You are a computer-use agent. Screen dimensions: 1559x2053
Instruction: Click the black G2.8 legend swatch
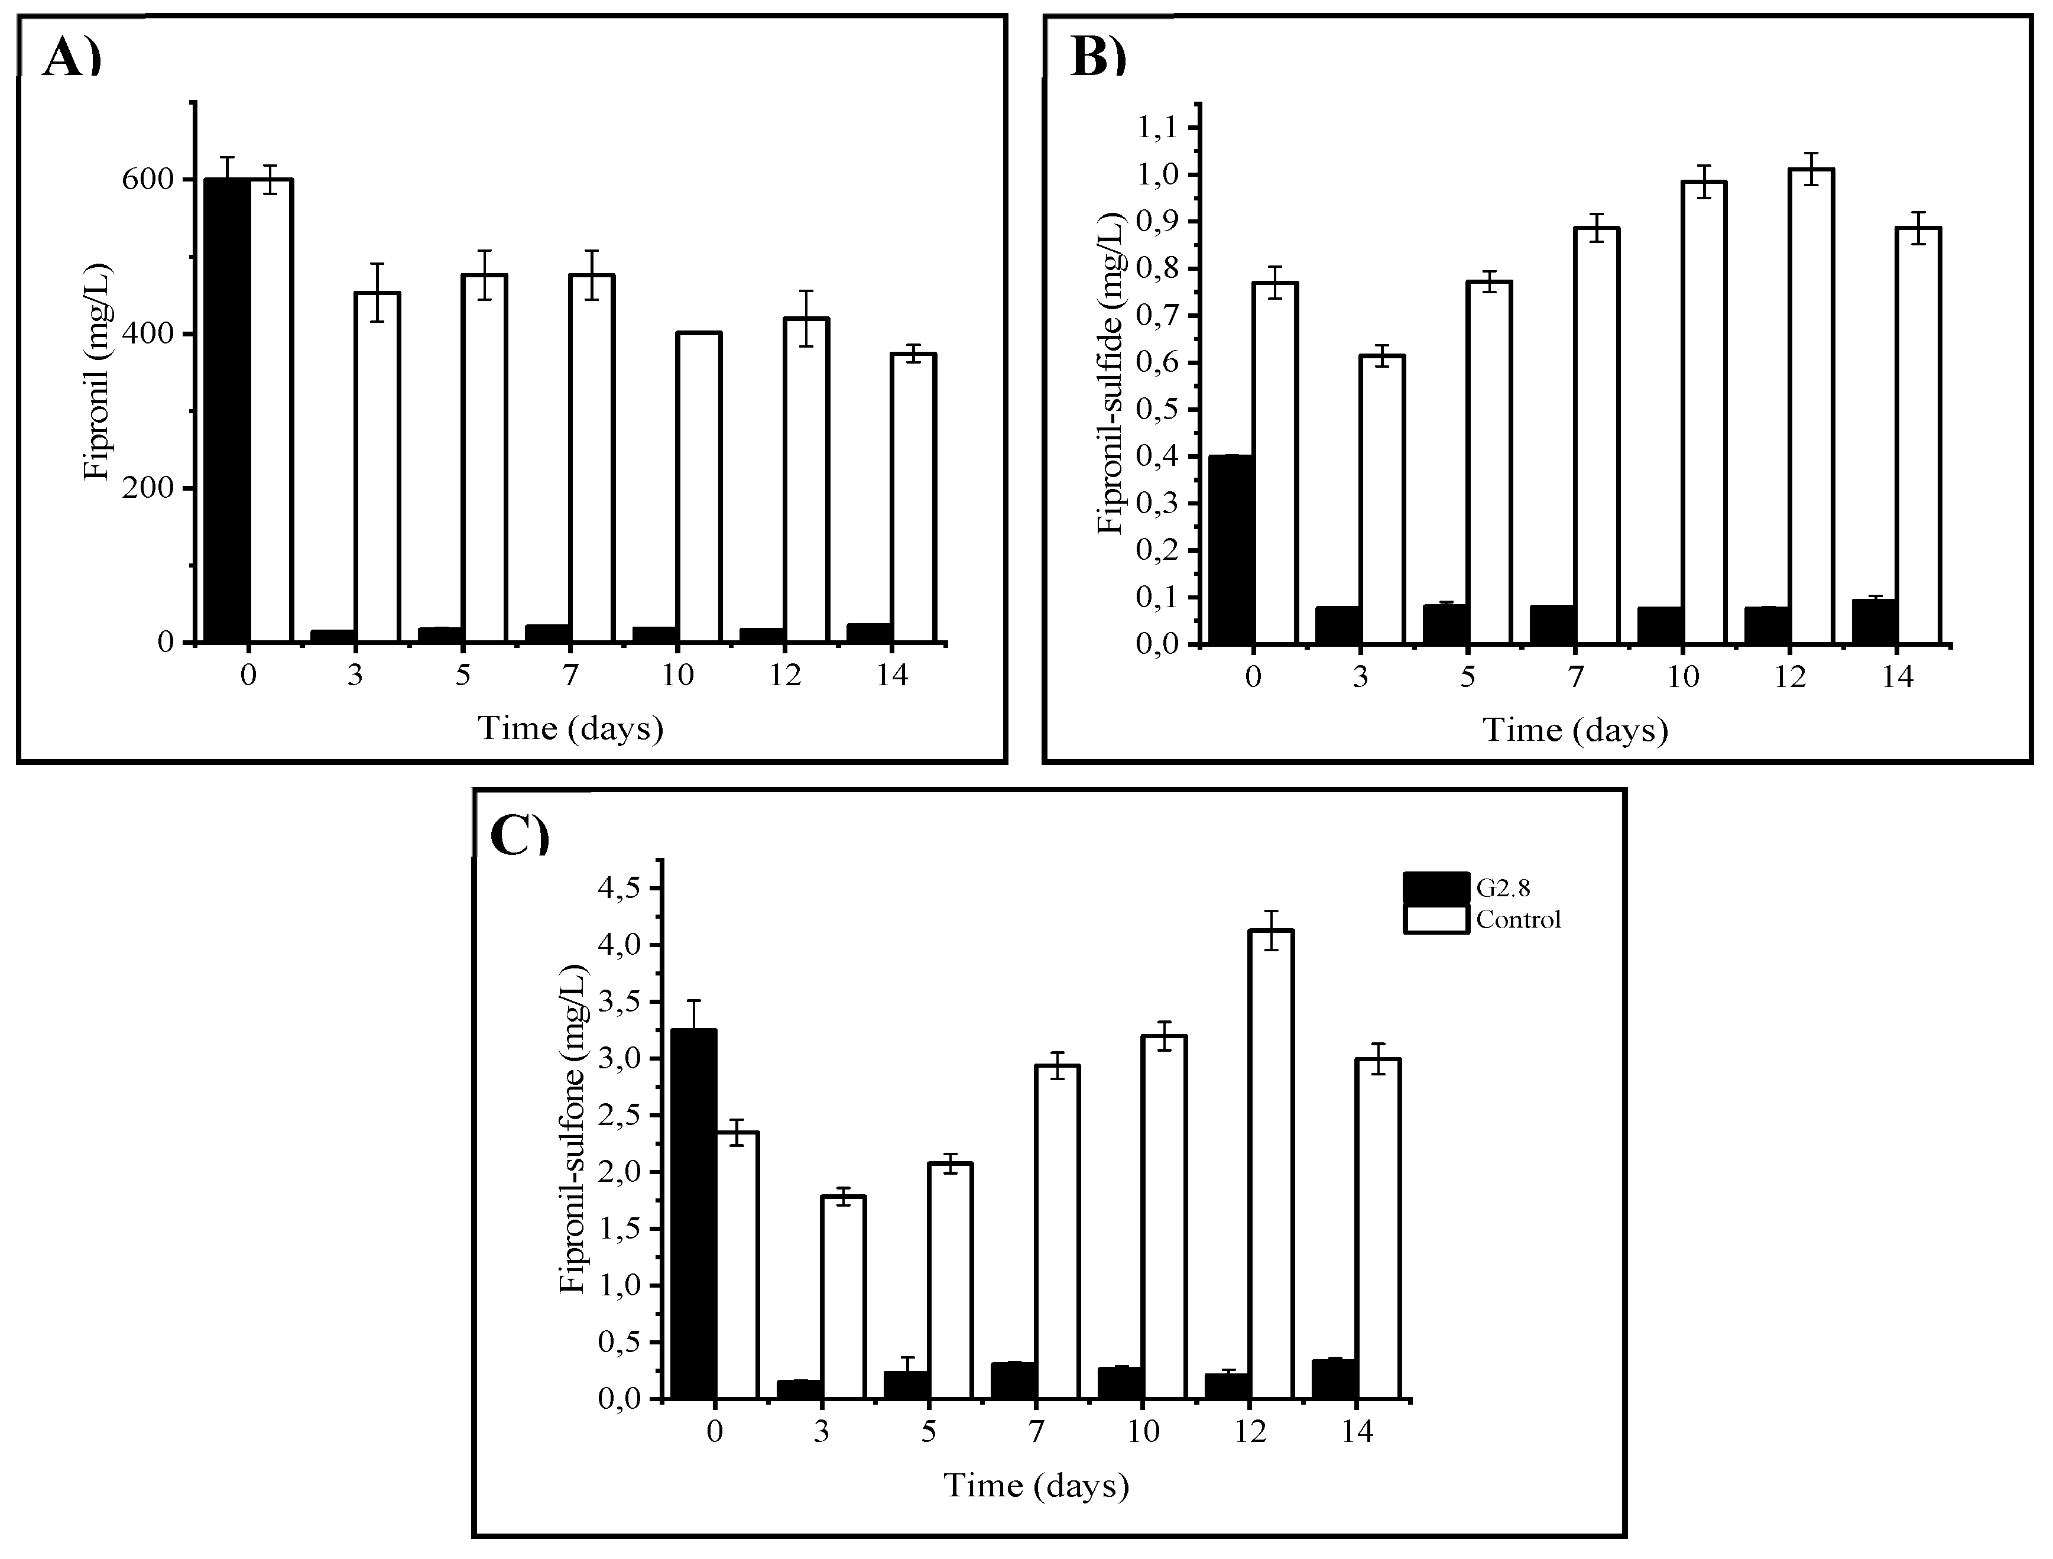pos(1435,888)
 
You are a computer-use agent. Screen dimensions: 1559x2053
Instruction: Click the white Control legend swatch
pos(1435,920)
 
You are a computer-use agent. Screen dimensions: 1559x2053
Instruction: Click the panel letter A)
pos(72,59)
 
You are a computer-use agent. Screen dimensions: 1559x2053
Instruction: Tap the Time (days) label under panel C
pos(1036,1486)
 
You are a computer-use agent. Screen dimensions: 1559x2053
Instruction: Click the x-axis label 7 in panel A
pos(570,675)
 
